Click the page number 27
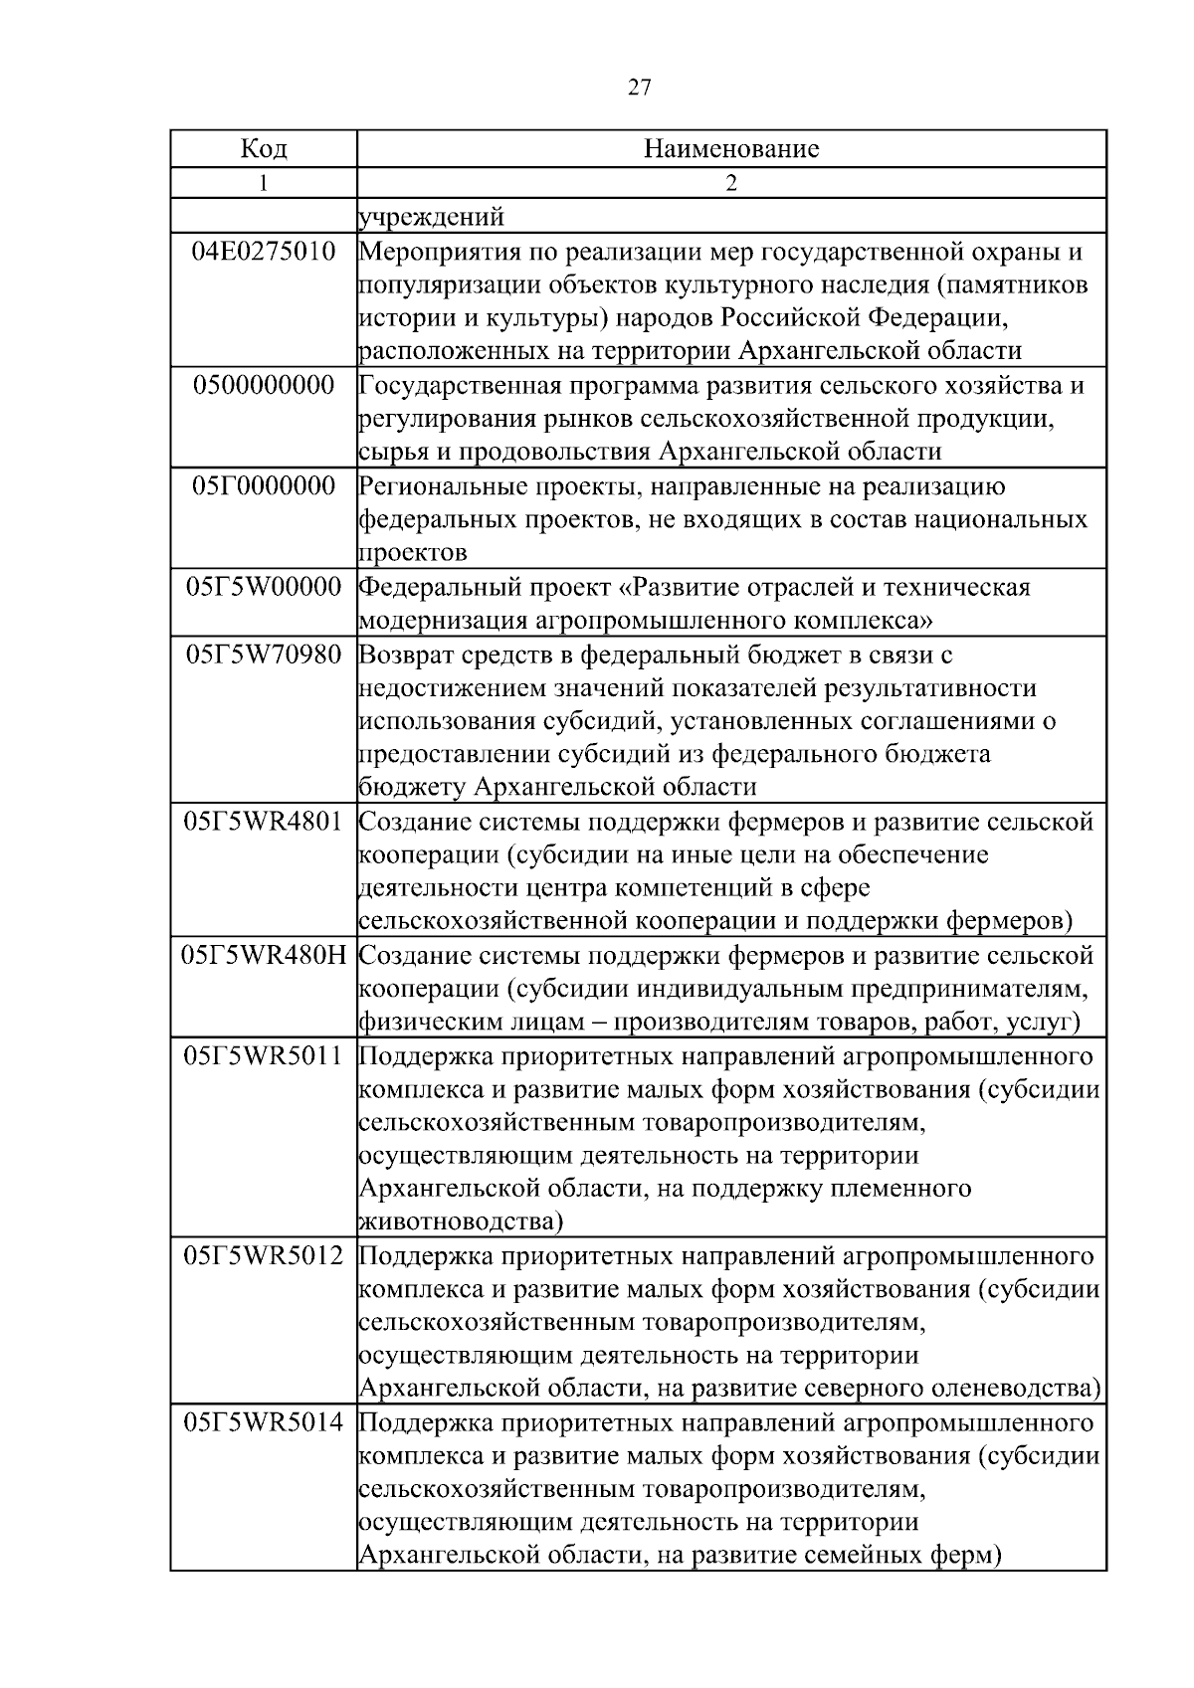pos(640,89)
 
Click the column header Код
pos(264,149)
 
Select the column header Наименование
pos(731,149)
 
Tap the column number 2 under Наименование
pos(731,183)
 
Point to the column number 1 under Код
pos(264,183)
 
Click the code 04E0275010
pos(264,252)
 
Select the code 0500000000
pos(264,386)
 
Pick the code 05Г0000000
pos(264,486)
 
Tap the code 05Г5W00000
pos(264,587)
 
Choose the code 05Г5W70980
pos(264,655)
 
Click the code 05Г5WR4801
pos(264,822)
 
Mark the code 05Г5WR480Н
pos(264,956)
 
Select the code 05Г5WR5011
pos(264,1056)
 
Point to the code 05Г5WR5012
pos(264,1256)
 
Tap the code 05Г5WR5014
pos(264,1423)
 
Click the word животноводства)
pos(461,1221)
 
